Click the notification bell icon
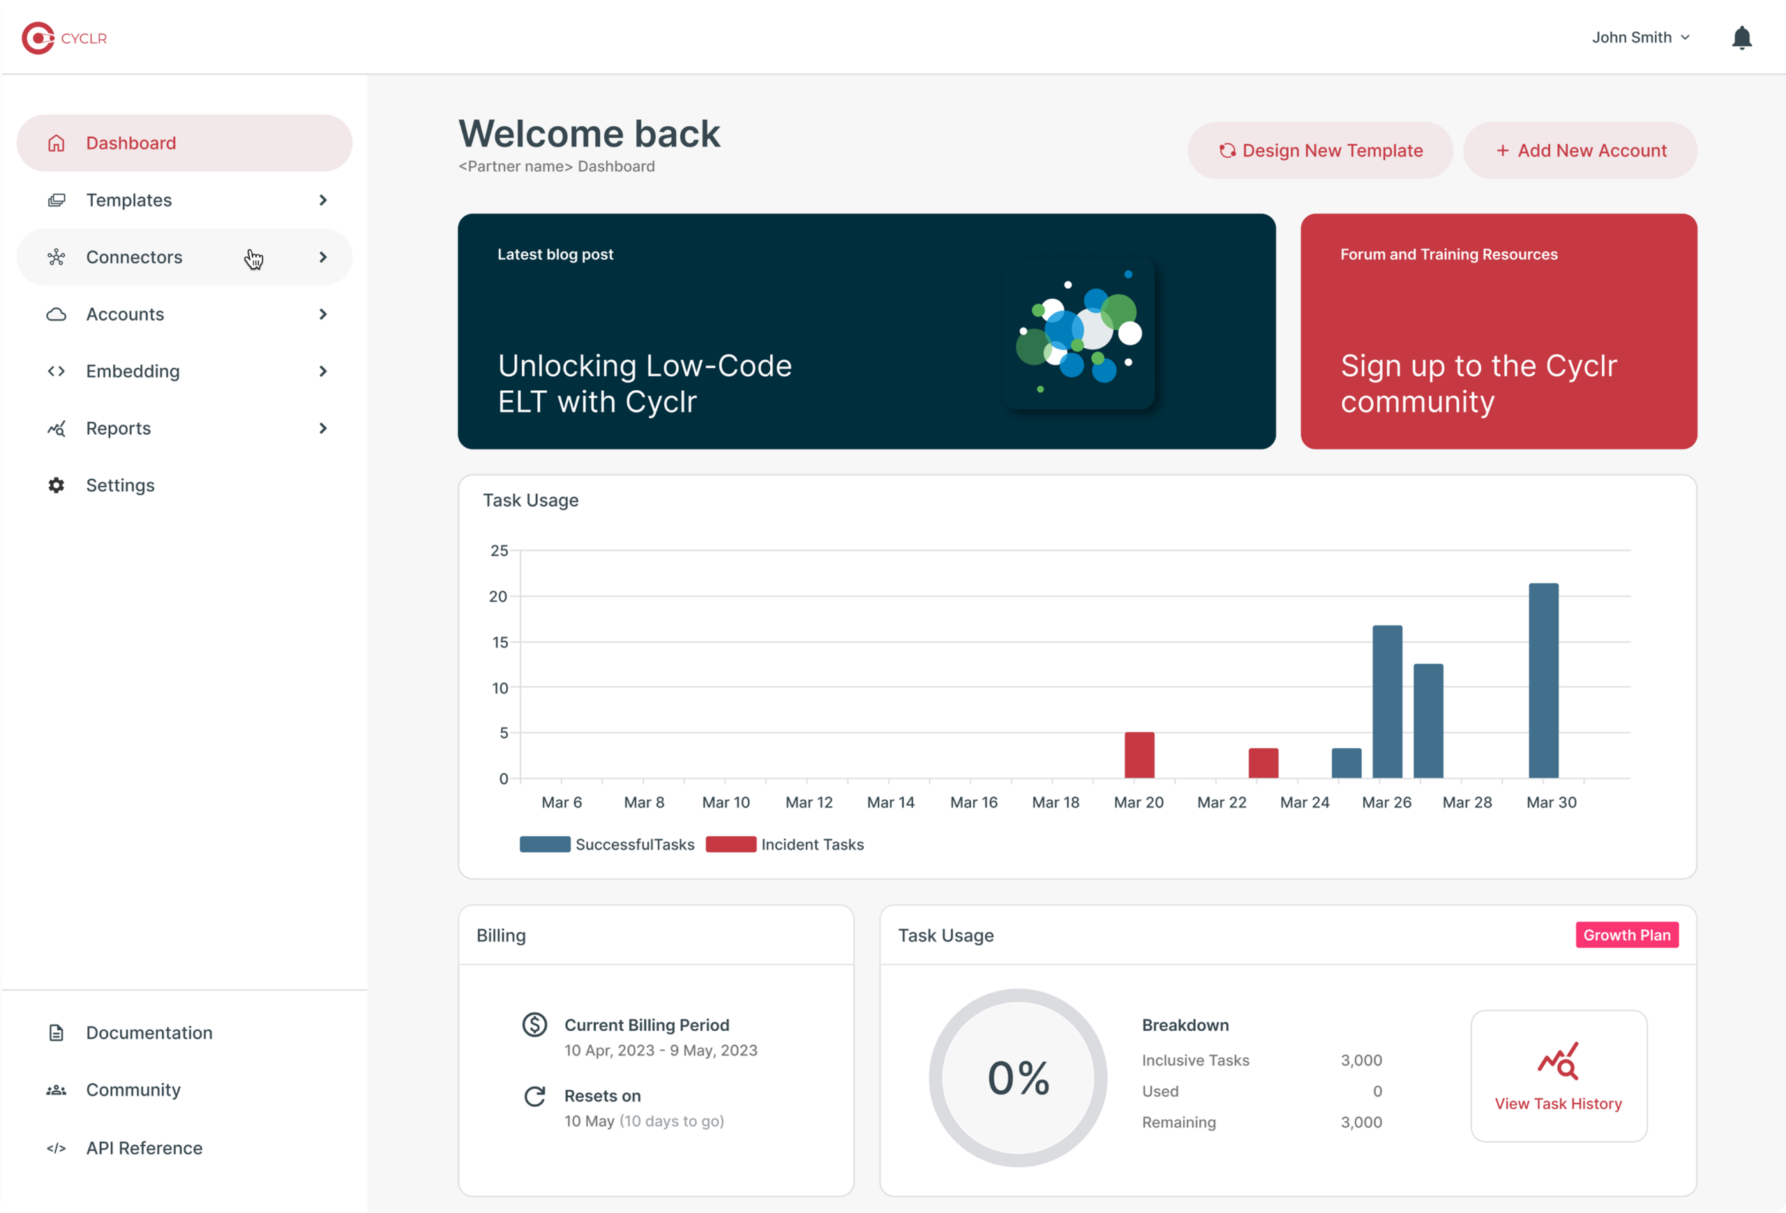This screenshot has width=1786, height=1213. (x=1741, y=38)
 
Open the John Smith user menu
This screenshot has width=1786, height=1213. (x=1640, y=38)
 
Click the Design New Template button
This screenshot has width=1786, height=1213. (x=1319, y=151)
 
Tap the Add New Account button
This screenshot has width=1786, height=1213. (x=1580, y=151)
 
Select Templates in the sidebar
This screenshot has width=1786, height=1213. (x=129, y=200)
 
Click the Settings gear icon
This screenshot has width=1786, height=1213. (x=56, y=485)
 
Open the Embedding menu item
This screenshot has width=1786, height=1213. (x=133, y=371)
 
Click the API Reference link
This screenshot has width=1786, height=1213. (x=144, y=1147)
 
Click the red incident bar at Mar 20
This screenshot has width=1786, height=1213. (x=1139, y=755)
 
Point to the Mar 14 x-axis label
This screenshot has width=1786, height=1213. (x=891, y=803)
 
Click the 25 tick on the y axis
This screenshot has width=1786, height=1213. (x=500, y=551)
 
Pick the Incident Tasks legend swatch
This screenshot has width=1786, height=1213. (x=730, y=844)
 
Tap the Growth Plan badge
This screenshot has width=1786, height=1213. (x=1626, y=935)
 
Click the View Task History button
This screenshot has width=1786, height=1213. (x=1558, y=1076)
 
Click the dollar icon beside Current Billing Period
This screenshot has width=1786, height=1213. (x=535, y=1025)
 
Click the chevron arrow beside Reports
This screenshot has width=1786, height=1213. (x=323, y=428)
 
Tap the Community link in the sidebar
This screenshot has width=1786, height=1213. (x=133, y=1090)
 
